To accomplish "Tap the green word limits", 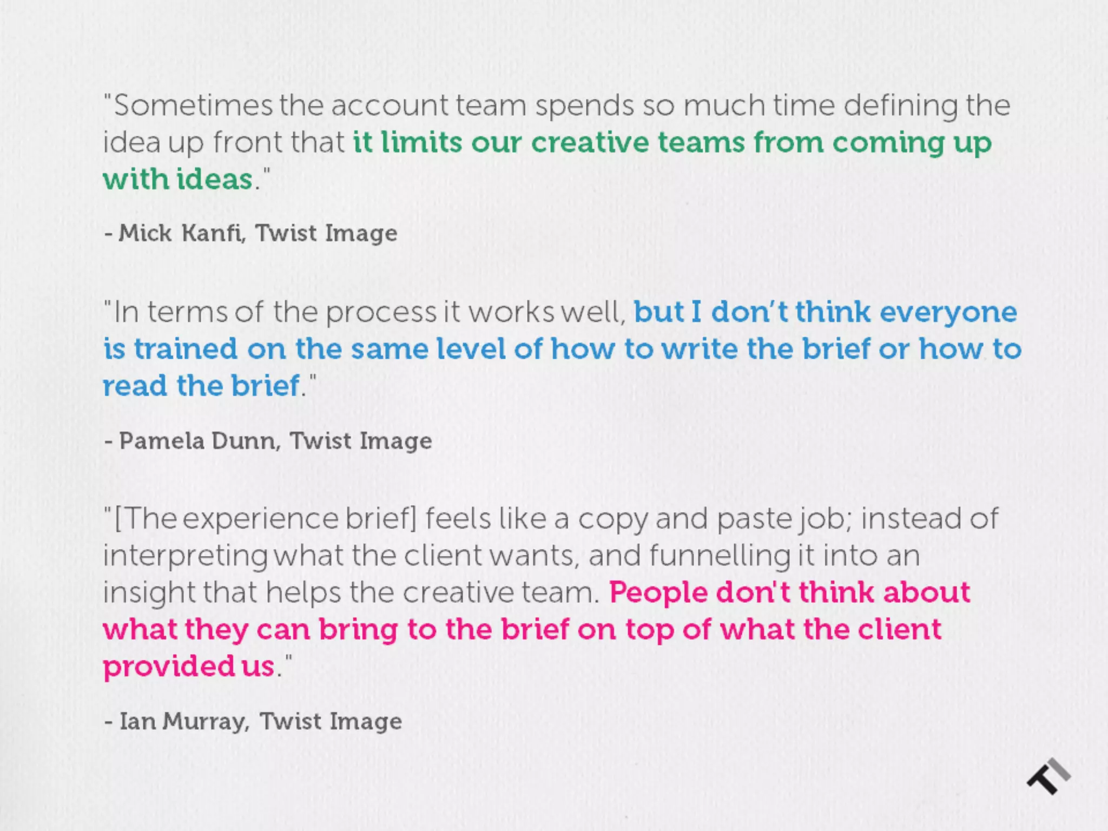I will (x=421, y=142).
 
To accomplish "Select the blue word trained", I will (x=186, y=349).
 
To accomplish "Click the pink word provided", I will (x=168, y=667).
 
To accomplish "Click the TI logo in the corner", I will (x=1048, y=776).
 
